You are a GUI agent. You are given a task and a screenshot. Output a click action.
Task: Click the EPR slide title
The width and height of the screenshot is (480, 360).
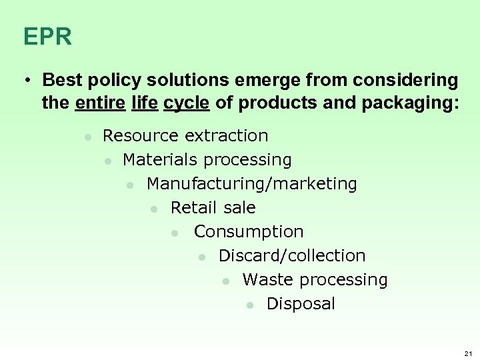click(47, 37)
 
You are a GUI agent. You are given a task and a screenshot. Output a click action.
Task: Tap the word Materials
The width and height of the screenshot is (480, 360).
click(161, 160)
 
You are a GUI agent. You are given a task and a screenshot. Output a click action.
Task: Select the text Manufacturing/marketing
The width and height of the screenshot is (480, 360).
click(251, 184)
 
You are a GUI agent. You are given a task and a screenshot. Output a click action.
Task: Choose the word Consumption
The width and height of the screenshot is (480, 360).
click(249, 232)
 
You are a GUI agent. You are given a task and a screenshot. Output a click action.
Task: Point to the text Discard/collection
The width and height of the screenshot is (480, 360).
click(292, 256)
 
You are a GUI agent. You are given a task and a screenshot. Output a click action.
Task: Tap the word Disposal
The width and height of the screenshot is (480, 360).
click(301, 304)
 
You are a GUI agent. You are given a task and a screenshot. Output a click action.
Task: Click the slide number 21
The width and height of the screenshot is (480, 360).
click(467, 352)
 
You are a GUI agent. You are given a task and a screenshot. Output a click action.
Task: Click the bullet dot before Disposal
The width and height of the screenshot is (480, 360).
click(250, 305)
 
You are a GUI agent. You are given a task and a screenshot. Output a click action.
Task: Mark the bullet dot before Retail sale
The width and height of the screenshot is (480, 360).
click(154, 209)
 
